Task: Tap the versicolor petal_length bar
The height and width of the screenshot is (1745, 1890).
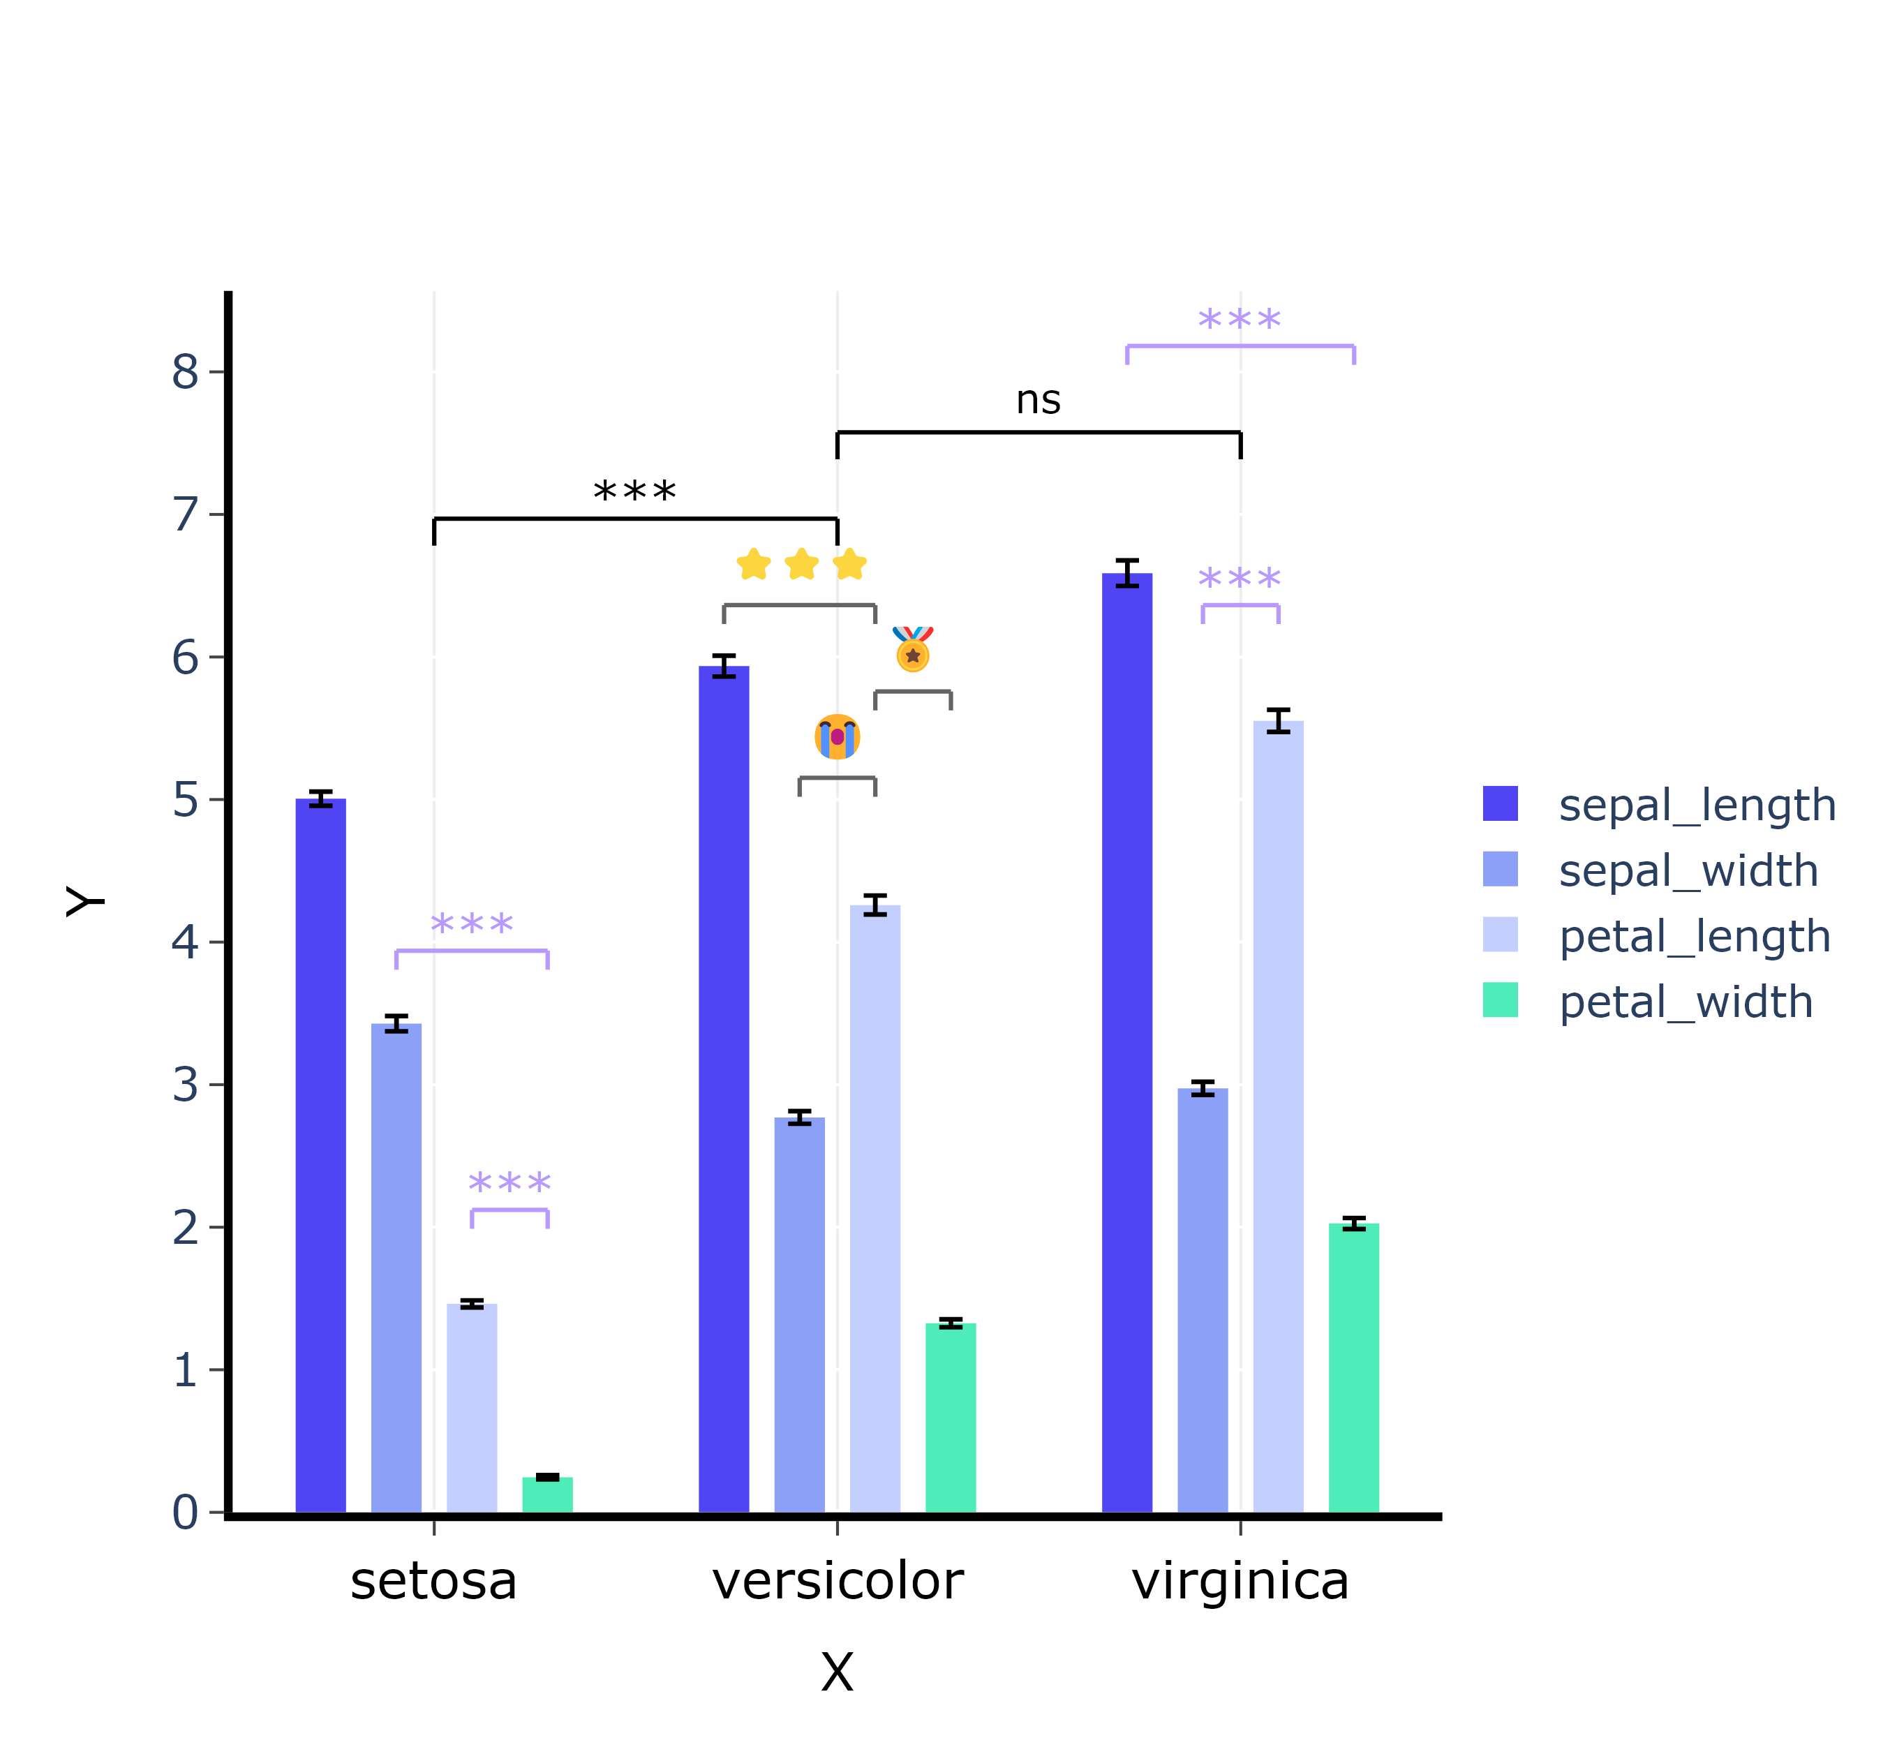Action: tap(875, 1209)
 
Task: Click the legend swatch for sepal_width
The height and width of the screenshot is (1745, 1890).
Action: tap(1500, 869)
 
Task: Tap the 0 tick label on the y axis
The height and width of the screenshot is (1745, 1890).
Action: tap(186, 1512)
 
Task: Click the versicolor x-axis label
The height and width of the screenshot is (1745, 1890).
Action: tap(838, 1582)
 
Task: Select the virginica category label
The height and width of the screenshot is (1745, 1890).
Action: tap(1240, 1582)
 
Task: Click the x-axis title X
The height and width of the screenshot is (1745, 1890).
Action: tap(838, 1672)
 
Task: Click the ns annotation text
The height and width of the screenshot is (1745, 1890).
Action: tap(1039, 399)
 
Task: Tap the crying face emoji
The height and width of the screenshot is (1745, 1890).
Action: tap(838, 736)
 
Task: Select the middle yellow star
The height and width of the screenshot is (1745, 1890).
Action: tap(801, 564)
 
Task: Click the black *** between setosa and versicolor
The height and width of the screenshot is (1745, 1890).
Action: tap(634, 493)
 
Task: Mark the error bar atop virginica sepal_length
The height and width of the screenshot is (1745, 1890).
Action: tap(1127, 572)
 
